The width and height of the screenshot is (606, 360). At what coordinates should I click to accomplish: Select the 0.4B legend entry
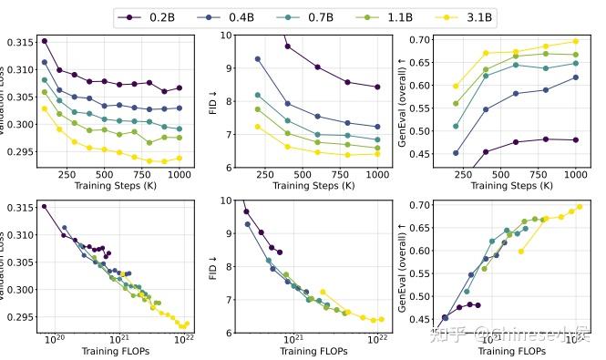click(x=233, y=16)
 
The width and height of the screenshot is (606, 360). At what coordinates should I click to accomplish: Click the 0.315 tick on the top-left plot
click(x=19, y=43)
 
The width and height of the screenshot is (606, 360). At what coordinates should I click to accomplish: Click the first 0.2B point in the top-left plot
click(x=45, y=41)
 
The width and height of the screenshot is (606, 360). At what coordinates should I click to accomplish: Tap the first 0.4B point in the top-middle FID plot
click(x=258, y=59)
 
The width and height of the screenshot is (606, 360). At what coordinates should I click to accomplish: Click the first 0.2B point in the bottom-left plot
click(x=44, y=206)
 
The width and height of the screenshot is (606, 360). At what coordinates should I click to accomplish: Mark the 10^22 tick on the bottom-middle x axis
click(x=375, y=341)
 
